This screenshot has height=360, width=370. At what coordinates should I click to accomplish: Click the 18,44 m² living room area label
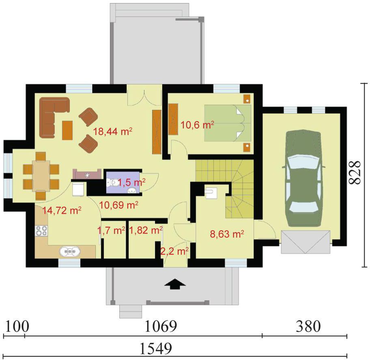tap(112, 131)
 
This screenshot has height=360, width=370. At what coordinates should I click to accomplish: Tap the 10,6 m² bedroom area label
tap(197, 125)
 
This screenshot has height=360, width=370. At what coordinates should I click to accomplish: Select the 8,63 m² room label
tap(227, 234)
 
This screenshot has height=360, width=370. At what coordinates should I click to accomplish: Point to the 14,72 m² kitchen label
tap(62, 210)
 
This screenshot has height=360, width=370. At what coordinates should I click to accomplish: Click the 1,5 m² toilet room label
tap(131, 182)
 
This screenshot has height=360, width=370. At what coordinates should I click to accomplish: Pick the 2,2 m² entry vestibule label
tap(174, 251)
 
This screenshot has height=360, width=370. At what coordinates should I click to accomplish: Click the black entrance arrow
tap(174, 284)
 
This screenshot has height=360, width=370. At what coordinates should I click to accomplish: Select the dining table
tap(41, 176)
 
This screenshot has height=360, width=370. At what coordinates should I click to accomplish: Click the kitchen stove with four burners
tap(41, 231)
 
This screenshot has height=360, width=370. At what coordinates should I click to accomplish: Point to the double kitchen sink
tap(70, 251)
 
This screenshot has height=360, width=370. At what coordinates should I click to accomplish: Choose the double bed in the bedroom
tap(228, 123)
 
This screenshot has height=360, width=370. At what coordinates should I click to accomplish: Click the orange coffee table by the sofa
tap(67, 131)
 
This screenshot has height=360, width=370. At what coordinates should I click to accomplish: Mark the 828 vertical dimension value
tap(355, 173)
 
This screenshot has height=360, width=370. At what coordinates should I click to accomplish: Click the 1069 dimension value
tap(161, 326)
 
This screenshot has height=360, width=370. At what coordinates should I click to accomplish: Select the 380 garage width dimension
tap(308, 326)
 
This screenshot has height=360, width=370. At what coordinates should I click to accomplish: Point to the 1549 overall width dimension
tap(156, 349)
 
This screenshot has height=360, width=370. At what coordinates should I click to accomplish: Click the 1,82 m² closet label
tap(146, 230)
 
